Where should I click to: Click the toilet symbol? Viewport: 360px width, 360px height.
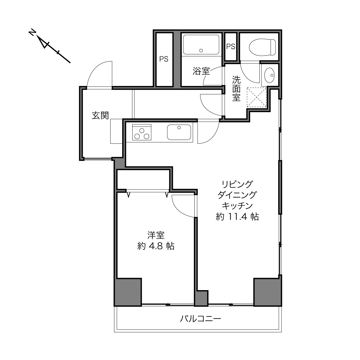click(x=262, y=47)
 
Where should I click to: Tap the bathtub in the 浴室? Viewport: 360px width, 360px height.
click(x=201, y=45)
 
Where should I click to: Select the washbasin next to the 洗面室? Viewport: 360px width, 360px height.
click(x=269, y=75)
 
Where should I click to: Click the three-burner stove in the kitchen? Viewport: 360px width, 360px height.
click(x=141, y=132)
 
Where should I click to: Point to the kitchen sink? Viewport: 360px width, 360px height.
click(x=179, y=132)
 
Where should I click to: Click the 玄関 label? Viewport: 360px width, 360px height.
click(x=100, y=116)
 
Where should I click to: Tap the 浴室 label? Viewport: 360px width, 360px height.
click(x=201, y=71)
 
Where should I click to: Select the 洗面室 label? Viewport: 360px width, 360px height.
click(x=236, y=89)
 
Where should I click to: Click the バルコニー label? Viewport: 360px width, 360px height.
click(x=200, y=319)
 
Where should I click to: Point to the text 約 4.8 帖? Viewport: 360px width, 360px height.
click(x=156, y=246)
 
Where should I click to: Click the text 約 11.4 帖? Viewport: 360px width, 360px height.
click(x=237, y=217)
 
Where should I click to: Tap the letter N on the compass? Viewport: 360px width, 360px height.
click(x=32, y=32)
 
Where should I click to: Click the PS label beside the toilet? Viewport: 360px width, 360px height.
click(x=231, y=47)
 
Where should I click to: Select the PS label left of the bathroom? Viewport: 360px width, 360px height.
click(x=164, y=59)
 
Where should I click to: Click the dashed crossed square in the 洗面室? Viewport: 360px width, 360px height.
click(x=257, y=97)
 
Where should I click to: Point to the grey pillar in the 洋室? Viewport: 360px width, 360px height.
click(x=128, y=292)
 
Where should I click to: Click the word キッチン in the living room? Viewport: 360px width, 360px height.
click(x=237, y=206)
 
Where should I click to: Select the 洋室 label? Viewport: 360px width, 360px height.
click(x=156, y=235)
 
